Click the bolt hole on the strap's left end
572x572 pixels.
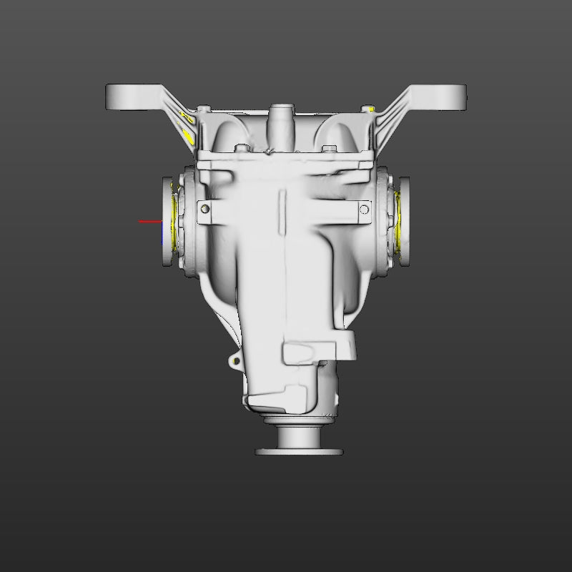pyautogui.click(x=205, y=209)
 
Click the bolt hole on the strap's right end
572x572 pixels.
pyautogui.click(x=365, y=209)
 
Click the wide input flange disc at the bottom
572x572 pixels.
pyautogui.click(x=299, y=451)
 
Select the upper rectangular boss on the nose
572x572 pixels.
pyautogui.click(x=307, y=352)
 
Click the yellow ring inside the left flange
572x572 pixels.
pyautogui.click(x=175, y=222)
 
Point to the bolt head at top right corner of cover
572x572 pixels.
pyautogui.click(x=369, y=109)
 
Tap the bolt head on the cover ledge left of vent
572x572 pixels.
pyautogui.click(x=241, y=148)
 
